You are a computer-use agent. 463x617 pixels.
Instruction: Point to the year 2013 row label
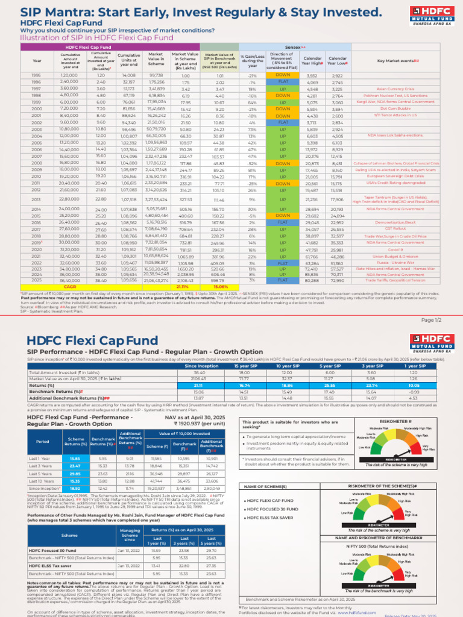click(37, 199)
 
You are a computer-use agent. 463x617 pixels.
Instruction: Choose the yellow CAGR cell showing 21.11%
click(181, 287)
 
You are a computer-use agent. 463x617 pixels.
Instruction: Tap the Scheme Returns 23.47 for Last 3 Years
click(75, 466)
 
